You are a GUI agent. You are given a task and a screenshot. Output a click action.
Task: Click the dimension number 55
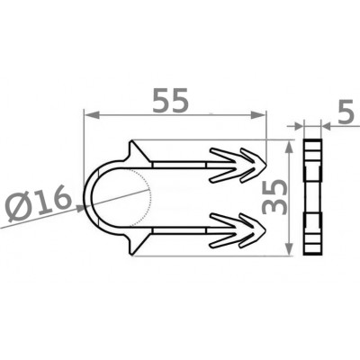click(171, 100)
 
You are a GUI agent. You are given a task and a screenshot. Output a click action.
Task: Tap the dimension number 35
click(274, 196)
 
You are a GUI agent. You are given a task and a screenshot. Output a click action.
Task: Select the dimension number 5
click(346, 112)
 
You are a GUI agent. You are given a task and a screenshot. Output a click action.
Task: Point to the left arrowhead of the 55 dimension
click(91, 114)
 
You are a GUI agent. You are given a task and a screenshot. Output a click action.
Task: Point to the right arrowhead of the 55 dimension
click(258, 114)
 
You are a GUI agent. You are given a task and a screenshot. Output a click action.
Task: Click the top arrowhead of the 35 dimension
click(289, 148)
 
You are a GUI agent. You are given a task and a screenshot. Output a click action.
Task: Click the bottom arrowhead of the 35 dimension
click(289, 247)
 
